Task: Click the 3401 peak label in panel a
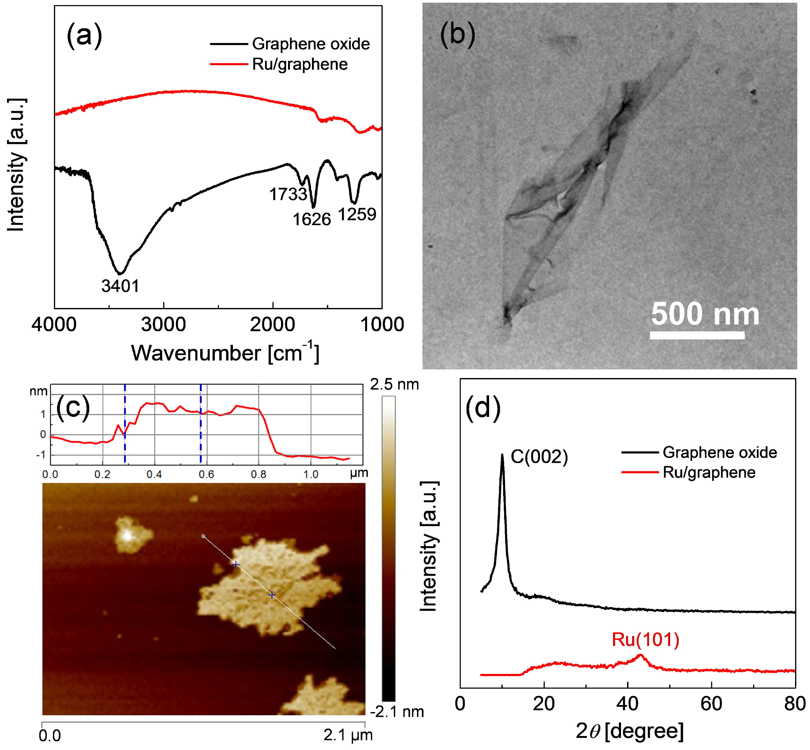click(120, 286)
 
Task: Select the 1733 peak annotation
click(288, 194)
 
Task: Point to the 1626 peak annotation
click(312, 219)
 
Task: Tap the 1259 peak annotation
click(357, 214)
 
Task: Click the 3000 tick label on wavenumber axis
click(163, 325)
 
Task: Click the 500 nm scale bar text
click(705, 314)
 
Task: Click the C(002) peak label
click(539, 457)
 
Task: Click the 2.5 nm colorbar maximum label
click(394, 384)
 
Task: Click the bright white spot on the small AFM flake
click(127, 536)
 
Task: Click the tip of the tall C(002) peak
click(503, 455)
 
